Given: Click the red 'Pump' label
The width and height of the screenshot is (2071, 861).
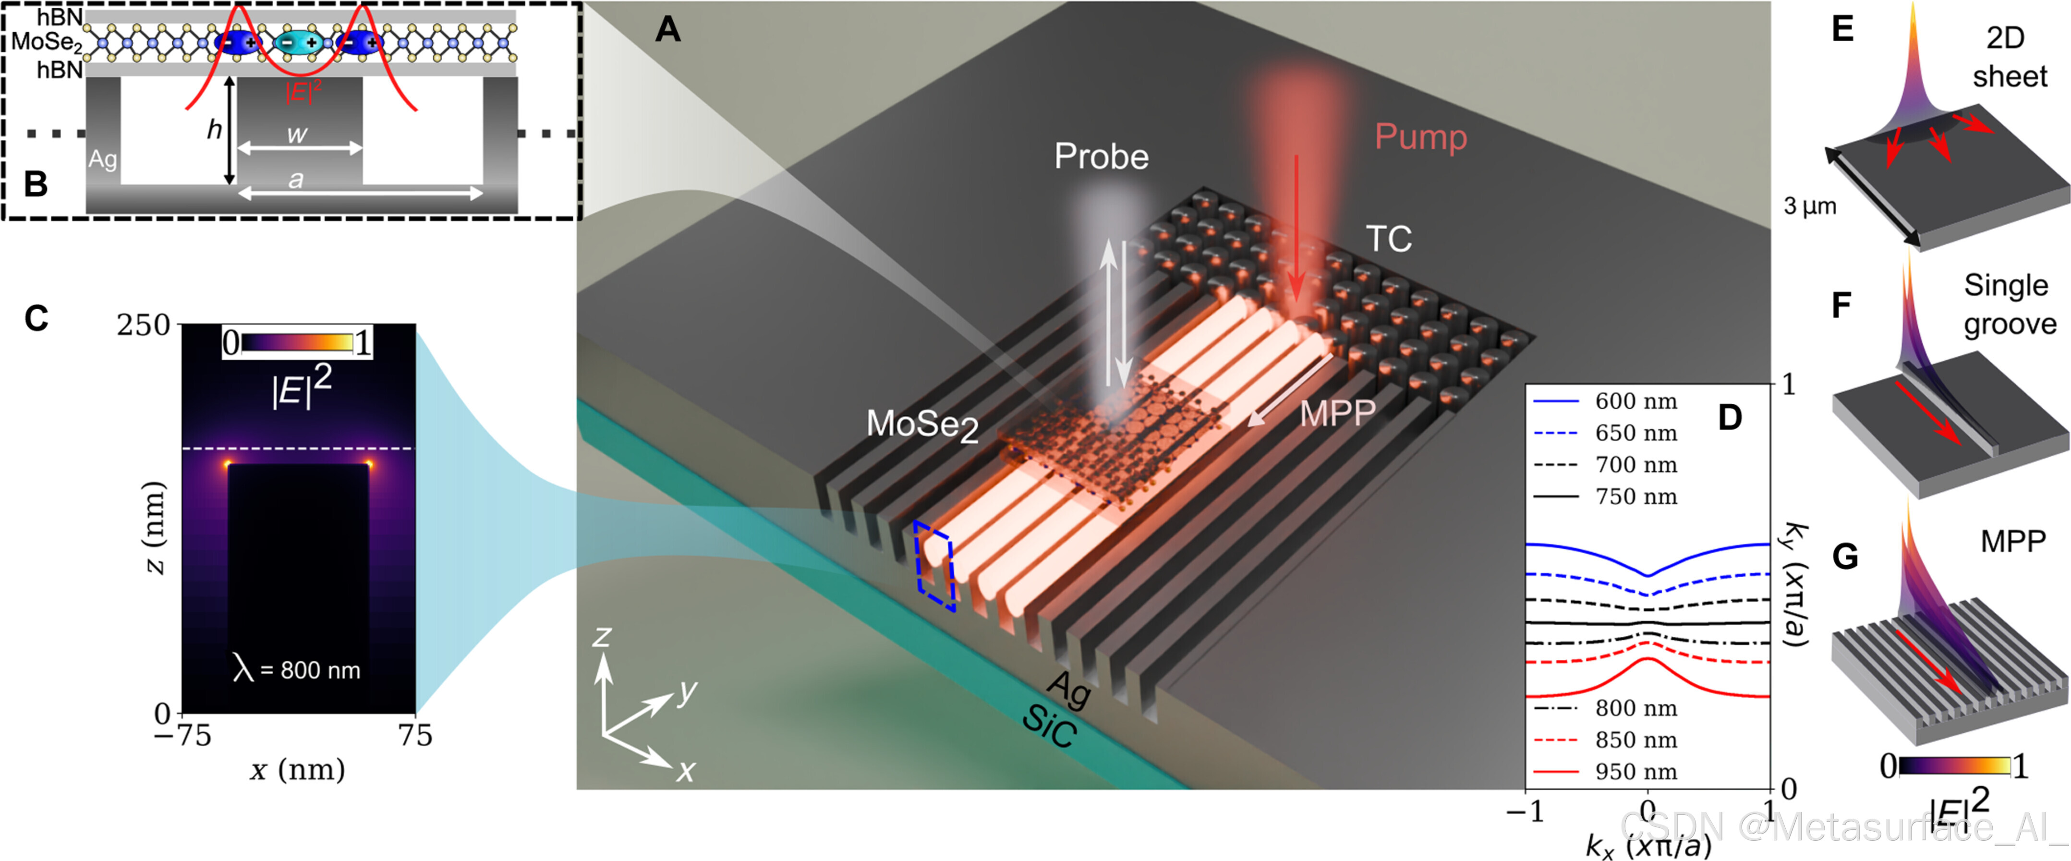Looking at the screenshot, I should point(1420,137).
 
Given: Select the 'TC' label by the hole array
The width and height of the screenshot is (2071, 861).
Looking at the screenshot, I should point(1389,239).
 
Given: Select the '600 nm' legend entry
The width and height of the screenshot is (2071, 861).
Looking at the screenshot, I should point(1635,400).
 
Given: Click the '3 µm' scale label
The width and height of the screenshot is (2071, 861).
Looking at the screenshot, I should point(1810,206).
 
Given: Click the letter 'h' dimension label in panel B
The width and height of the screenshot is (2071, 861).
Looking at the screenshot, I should point(214,130).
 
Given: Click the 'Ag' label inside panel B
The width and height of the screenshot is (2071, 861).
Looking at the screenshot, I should point(102,159).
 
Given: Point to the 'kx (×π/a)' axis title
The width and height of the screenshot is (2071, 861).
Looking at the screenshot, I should point(1647,845).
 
